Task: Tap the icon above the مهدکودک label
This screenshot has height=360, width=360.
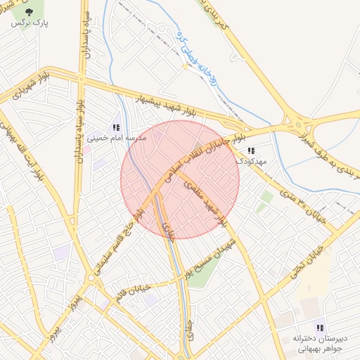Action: click(251, 150)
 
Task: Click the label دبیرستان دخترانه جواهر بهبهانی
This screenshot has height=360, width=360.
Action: click(319, 342)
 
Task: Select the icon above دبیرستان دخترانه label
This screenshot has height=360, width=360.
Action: click(321, 327)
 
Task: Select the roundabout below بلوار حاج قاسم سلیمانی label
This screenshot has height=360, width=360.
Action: click(92, 278)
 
